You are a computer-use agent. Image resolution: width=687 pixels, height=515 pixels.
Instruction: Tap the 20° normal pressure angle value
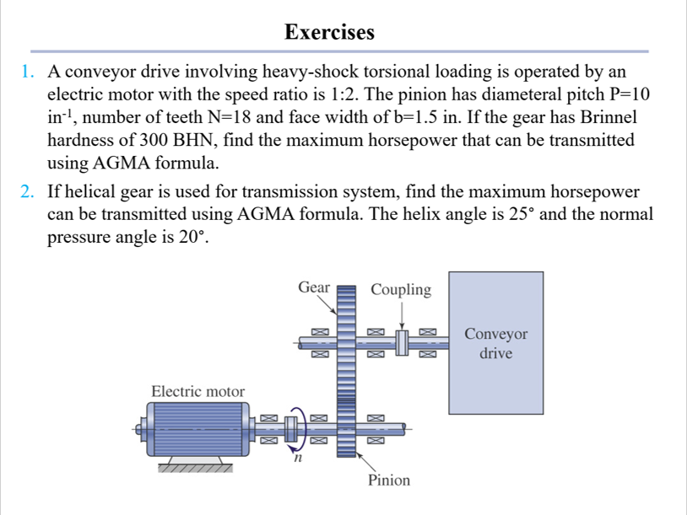(191, 237)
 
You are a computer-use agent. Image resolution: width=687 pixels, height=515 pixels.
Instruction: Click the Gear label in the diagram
(313, 288)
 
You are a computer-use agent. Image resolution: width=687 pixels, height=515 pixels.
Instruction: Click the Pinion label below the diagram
(388, 480)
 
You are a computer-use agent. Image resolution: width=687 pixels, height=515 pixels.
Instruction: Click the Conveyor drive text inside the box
(495, 344)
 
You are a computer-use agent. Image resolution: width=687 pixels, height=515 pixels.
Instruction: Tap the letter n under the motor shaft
(296, 459)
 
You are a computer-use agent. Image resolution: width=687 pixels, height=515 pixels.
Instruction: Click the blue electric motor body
(196, 427)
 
